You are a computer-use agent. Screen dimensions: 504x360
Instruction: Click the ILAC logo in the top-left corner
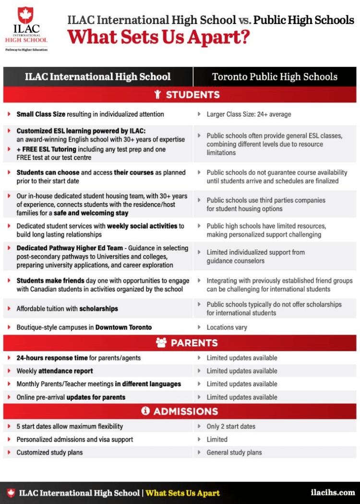click(x=26, y=28)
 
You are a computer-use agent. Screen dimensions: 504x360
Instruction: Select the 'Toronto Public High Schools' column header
click(x=275, y=77)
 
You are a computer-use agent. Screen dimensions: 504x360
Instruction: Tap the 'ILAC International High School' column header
click(x=98, y=77)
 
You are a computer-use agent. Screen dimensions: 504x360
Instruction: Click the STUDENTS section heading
click(x=192, y=95)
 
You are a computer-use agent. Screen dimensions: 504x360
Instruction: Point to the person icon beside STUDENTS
click(x=158, y=95)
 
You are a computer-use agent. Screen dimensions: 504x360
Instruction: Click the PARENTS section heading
click(x=194, y=343)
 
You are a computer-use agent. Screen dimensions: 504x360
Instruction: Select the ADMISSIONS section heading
click(x=185, y=411)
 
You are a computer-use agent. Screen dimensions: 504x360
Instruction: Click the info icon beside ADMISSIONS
click(x=145, y=411)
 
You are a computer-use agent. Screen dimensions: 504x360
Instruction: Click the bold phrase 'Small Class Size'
click(x=41, y=114)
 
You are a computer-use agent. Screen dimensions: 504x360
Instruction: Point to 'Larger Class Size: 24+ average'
click(x=249, y=114)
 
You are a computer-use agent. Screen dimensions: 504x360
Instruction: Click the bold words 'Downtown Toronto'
click(x=123, y=327)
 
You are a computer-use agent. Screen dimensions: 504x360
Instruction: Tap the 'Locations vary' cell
click(x=227, y=327)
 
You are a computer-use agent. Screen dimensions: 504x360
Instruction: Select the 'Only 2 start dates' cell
click(x=231, y=426)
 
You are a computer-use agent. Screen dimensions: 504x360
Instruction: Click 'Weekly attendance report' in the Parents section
click(x=55, y=371)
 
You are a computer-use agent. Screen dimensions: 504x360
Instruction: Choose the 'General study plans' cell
click(x=234, y=452)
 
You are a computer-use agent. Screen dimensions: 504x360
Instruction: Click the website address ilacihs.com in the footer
click(x=333, y=492)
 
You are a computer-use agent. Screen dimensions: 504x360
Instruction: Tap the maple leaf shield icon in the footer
click(x=11, y=493)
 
